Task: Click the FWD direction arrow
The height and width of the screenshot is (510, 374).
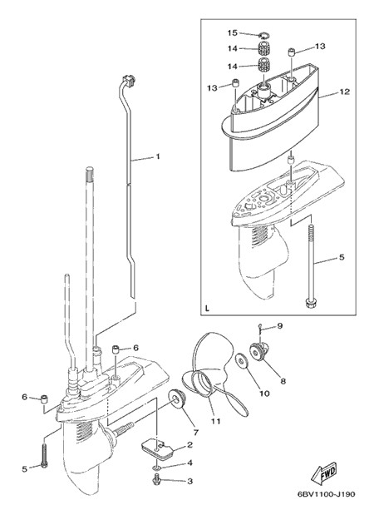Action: tap(324, 473)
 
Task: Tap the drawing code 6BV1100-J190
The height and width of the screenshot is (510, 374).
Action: tap(327, 494)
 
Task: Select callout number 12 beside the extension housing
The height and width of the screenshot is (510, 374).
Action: tap(344, 92)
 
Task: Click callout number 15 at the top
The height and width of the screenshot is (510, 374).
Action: tap(233, 32)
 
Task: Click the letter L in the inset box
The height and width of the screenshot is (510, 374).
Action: tap(208, 308)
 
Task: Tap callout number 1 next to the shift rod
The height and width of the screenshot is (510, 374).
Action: tap(158, 156)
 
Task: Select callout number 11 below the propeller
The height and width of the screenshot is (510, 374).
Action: tap(216, 421)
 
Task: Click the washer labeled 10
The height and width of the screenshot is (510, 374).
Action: tap(242, 360)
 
